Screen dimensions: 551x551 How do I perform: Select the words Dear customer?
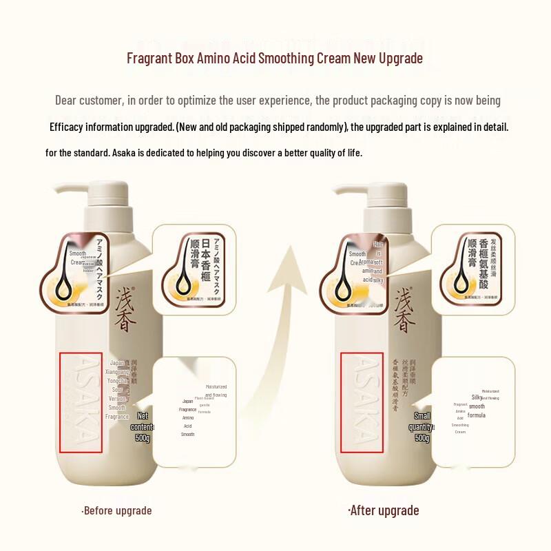89,101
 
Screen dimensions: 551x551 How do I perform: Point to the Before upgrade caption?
116,510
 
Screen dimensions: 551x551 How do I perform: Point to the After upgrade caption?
383,510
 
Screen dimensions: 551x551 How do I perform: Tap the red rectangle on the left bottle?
81,403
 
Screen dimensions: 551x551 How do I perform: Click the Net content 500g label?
143,427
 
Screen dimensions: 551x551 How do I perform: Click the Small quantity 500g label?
422,427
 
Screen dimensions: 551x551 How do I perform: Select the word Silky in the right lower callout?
476,397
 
